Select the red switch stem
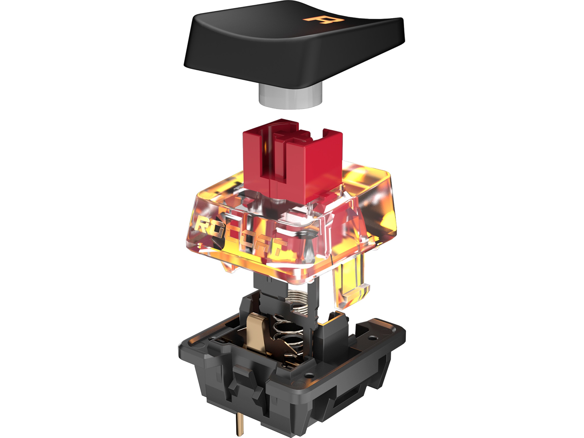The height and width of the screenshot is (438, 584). click(x=292, y=162)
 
